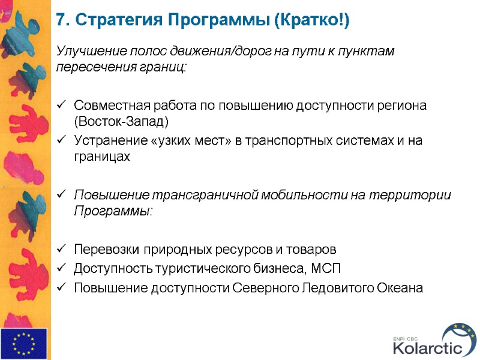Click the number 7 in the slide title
[60, 20]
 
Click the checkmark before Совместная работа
[61, 106]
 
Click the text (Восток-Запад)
[121, 121]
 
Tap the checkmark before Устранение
[61, 142]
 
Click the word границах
[101, 156]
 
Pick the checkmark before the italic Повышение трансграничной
[61, 196]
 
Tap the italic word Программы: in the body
[113, 211]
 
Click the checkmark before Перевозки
[61, 250]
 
